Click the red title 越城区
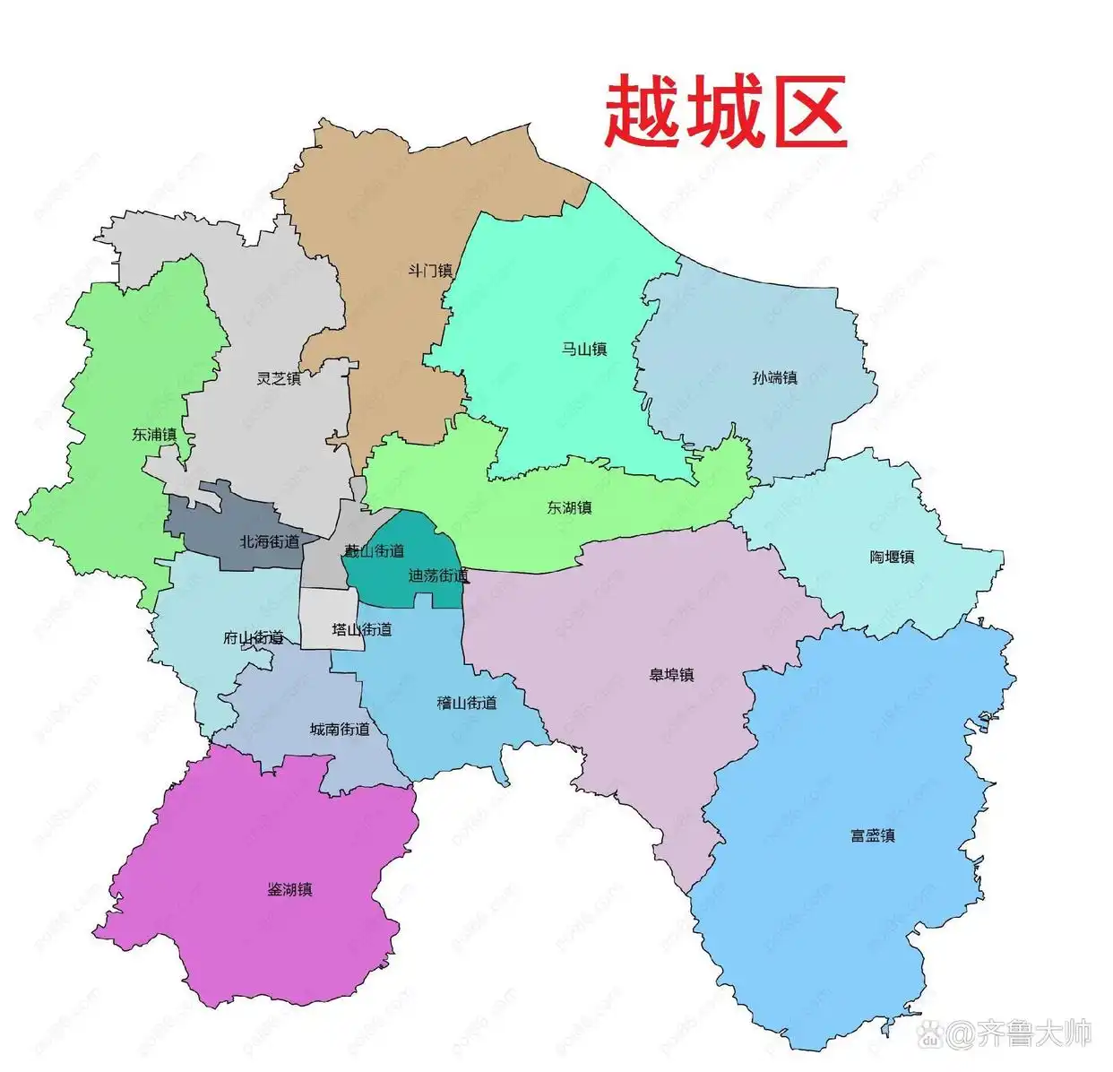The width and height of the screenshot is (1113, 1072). [x=725, y=113]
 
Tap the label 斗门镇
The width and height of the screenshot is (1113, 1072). [x=430, y=271]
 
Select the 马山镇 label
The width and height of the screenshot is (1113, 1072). [x=584, y=349]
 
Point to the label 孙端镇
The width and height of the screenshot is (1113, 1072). [x=775, y=377]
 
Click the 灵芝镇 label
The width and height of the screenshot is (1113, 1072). [x=279, y=378]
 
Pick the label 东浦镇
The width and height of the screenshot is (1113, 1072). [x=154, y=435]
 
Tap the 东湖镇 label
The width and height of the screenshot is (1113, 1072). [x=570, y=507]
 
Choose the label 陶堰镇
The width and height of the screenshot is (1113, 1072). [x=892, y=557]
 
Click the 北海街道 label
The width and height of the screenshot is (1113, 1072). [x=270, y=541]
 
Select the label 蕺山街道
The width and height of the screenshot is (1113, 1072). [x=375, y=550]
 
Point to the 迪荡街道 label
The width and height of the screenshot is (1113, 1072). [x=438, y=575]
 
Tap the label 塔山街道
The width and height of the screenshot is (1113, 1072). [x=362, y=629]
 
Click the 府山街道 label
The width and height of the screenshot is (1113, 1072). [x=254, y=638]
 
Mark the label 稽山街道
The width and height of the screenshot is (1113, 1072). [x=467, y=703]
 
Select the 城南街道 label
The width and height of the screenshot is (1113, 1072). [x=340, y=729]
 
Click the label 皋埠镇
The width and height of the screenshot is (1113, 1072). [x=672, y=675]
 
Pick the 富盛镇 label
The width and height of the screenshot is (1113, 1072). [x=873, y=835]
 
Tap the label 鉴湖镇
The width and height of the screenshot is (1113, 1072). [x=290, y=889]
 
